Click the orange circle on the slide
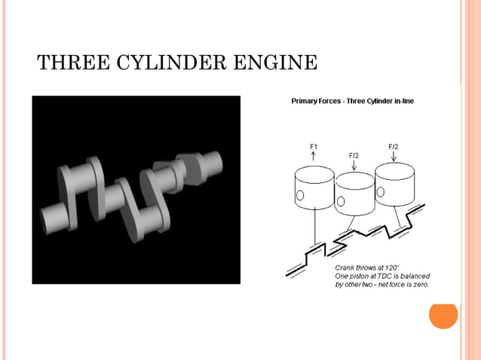coord(443,315)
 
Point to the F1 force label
coord(314,145)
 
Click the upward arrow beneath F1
coord(314,156)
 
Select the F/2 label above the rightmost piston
coord(394,145)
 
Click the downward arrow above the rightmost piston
coord(394,157)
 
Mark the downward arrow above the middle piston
coord(354,165)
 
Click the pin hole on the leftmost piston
coord(299,196)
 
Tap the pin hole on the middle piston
coord(342,201)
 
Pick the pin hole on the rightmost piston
coord(381,194)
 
